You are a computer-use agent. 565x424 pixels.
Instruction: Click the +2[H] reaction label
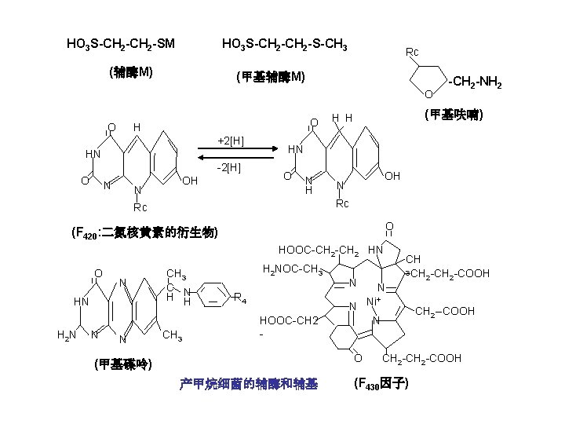[230, 141]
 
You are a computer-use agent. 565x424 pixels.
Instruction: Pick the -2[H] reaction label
[230, 167]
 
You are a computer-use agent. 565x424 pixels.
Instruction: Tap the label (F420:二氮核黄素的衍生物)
[144, 233]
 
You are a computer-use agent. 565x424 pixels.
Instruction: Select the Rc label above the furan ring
[412, 52]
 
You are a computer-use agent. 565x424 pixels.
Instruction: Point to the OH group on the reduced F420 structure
[392, 176]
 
